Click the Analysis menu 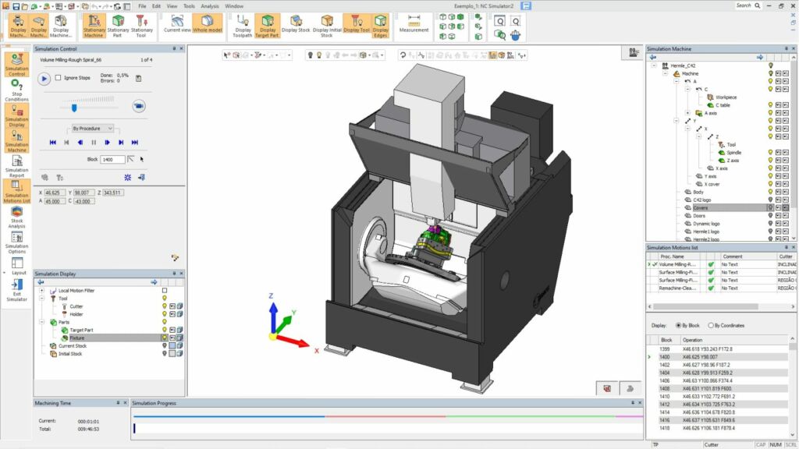(x=210, y=5)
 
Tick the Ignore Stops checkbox (x=59, y=78)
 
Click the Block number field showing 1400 (x=112, y=159)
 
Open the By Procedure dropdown (x=93, y=128)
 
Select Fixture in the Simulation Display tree (x=77, y=338)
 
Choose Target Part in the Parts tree (x=81, y=330)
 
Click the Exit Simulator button (x=16, y=289)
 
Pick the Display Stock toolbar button (x=296, y=26)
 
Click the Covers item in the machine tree (x=701, y=208)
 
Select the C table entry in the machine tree (x=722, y=105)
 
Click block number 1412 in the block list (x=665, y=405)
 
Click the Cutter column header (x=786, y=256)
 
